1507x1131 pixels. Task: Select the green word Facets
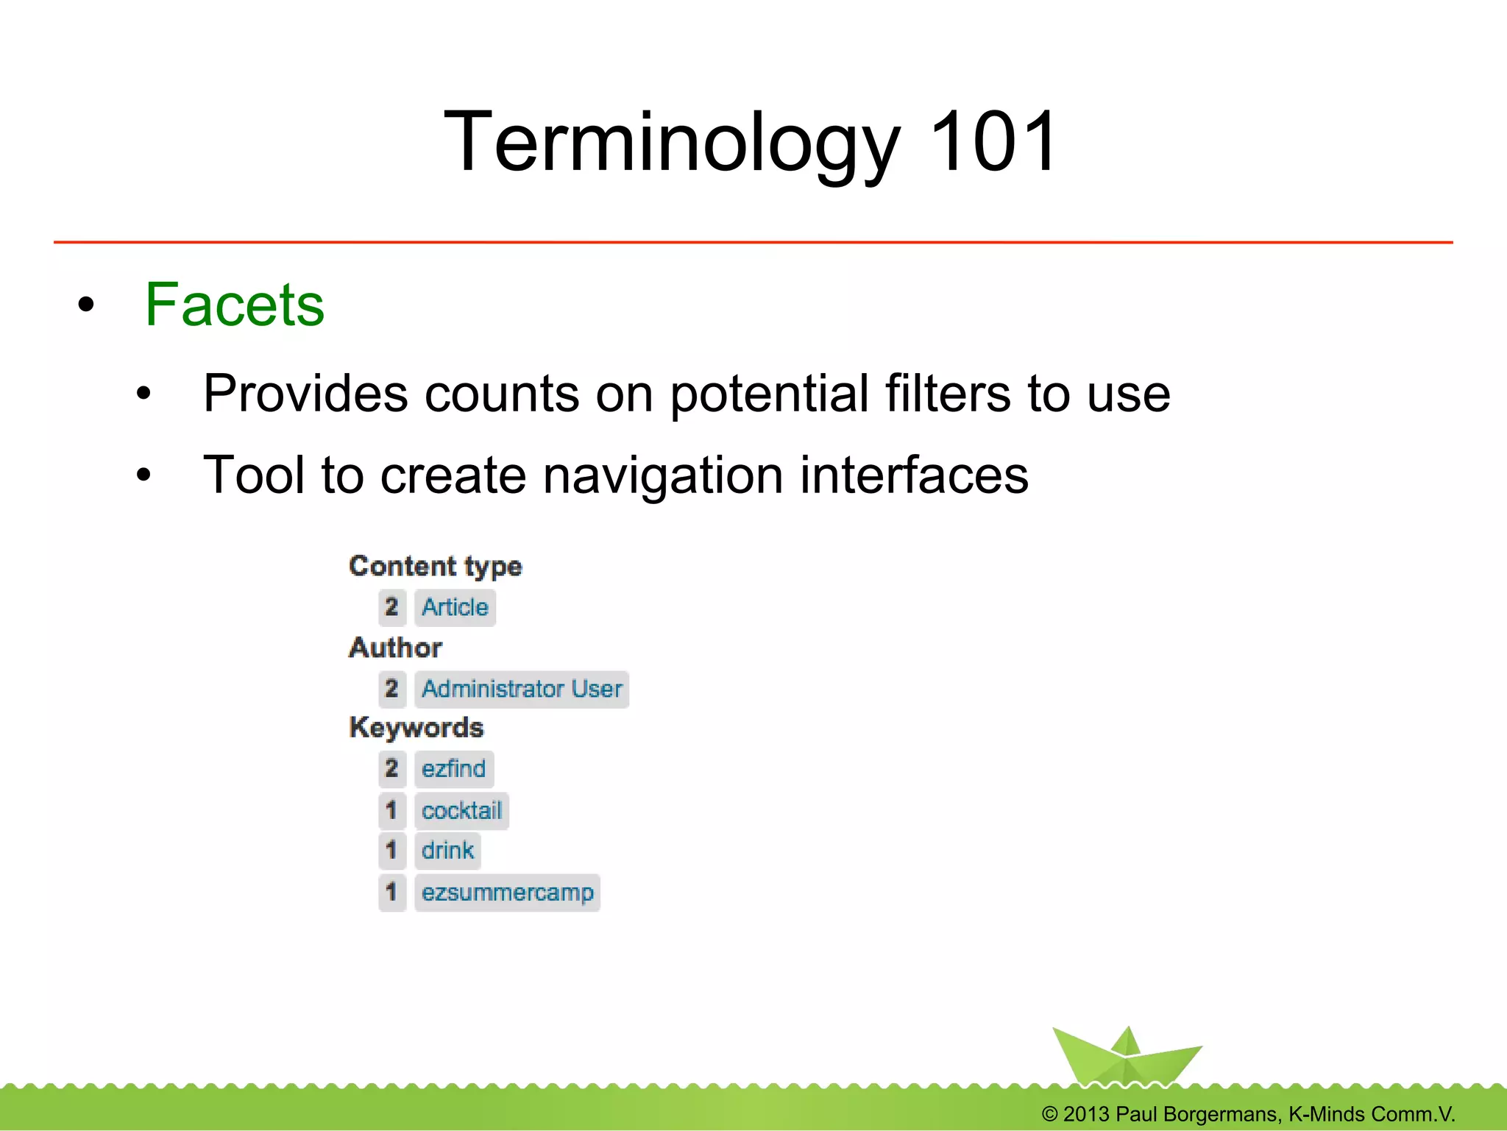234,305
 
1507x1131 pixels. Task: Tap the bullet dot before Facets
86,305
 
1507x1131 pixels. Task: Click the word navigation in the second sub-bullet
663,475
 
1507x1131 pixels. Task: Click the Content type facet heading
435,566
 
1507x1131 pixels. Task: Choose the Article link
455,608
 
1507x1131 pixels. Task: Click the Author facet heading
395,648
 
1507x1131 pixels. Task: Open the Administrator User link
521,689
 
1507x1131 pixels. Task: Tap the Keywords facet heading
416,728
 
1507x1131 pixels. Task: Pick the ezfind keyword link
453,769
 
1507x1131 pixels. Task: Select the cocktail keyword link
461,811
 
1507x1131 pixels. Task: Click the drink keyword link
447,851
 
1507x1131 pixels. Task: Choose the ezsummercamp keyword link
507,893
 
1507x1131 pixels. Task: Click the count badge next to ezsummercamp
392,893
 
